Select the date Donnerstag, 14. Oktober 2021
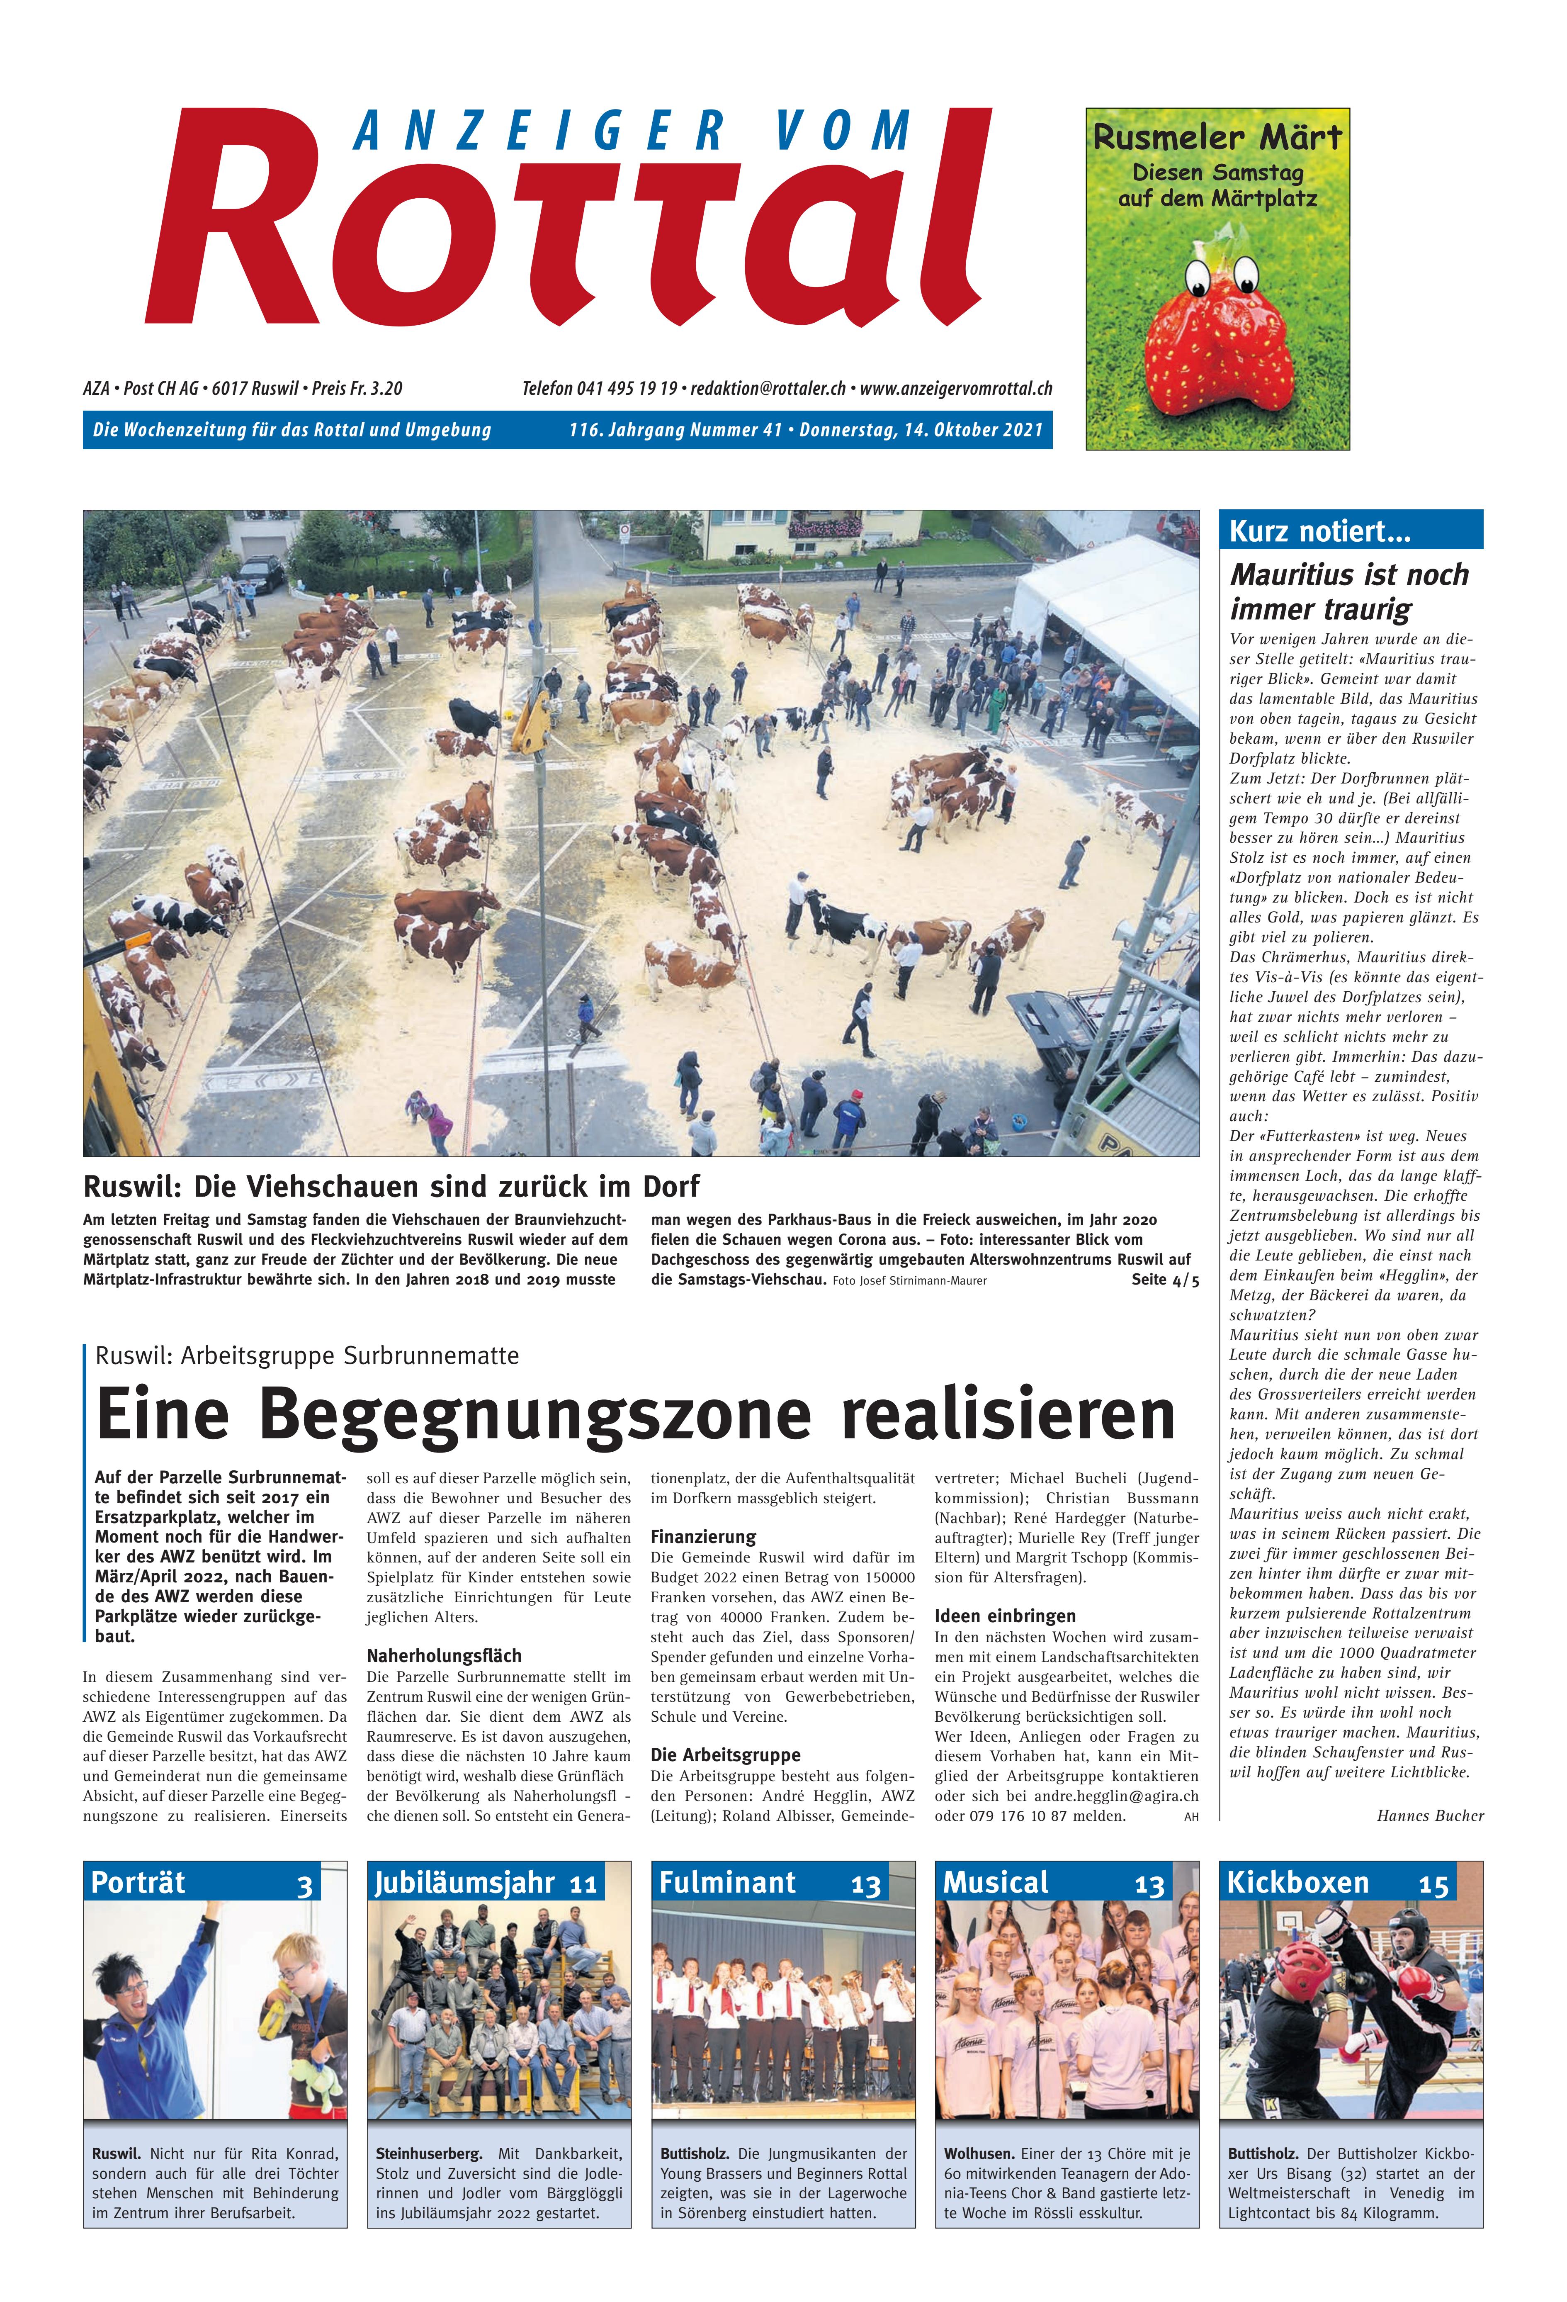tap(921, 430)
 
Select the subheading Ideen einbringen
tap(1004, 1616)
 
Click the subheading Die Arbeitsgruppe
tap(725, 1754)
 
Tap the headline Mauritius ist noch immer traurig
tap(1349, 590)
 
